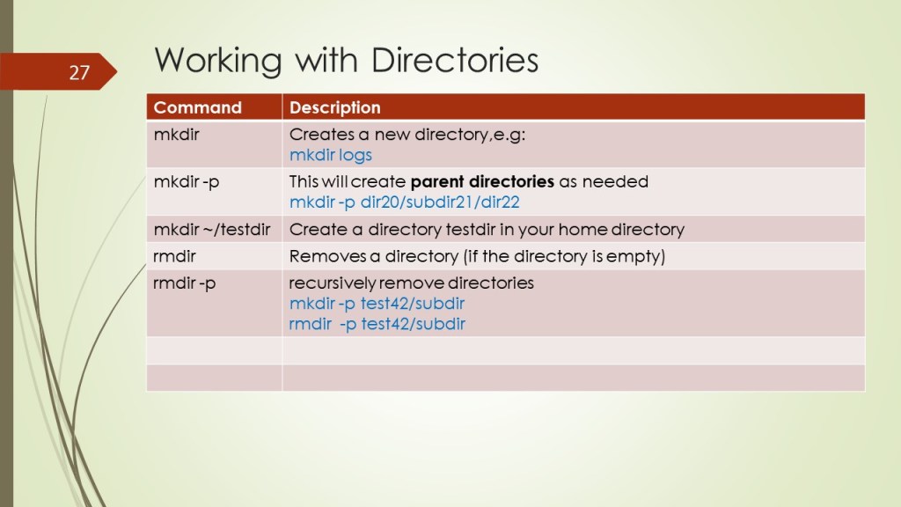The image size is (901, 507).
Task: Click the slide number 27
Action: tap(79, 72)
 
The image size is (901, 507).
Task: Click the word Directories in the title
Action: tap(455, 60)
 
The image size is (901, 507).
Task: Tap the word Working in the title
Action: tap(218, 61)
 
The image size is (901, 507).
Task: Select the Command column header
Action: tap(197, 107)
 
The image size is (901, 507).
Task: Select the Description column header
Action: tap(334, 107)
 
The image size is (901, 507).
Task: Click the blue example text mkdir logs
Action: tap(331, 155)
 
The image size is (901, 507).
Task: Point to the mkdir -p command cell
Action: tap(187, 182)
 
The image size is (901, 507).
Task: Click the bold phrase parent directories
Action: tap(482, 181)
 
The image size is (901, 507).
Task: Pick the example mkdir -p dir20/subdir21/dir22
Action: tap(404, 202)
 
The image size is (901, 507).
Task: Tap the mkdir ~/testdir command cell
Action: tap(211, 230)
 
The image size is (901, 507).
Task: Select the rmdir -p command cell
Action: tap(185, 283)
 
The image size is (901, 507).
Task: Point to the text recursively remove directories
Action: tap(412, 283)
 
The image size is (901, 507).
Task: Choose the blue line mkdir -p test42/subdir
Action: tap(377, 304)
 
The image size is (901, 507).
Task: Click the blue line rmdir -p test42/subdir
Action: tap(377, 324)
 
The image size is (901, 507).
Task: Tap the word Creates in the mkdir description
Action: tap(322, 135)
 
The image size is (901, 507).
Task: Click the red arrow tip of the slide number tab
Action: tap(117, 71)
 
